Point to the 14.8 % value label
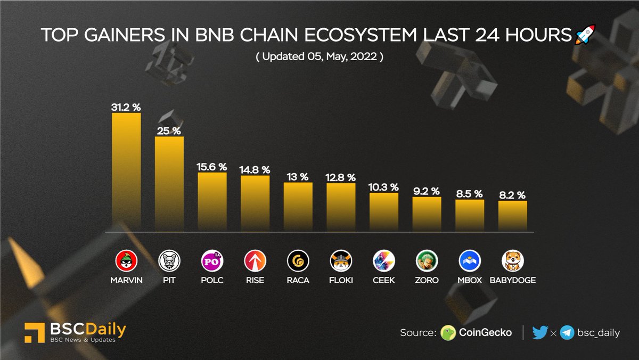(255, 170)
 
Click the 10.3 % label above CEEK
(384, 187)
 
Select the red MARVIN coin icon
(126, 261)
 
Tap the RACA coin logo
(298, 261)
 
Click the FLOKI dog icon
(341, 261)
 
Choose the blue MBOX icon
(470, 261)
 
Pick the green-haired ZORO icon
(427, 261)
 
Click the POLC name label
(212, 280)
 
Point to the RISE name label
(255, 280)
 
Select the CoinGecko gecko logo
(449, 333)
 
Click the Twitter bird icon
(539, 333)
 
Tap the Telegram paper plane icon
(567, 333)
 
